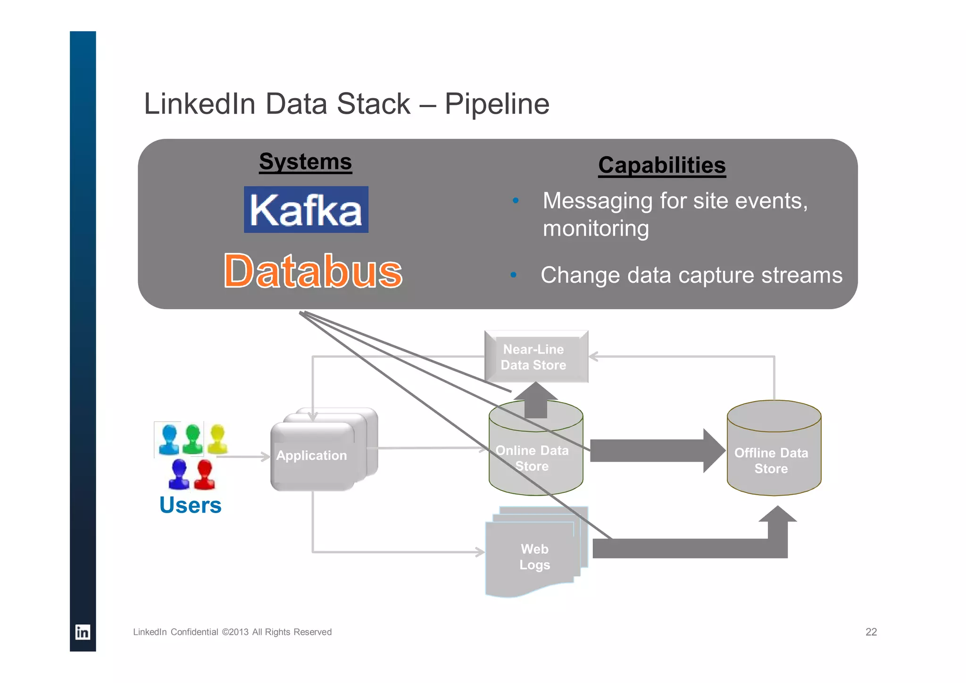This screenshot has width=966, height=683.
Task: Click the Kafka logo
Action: pyautogui.click(x=306, y=210)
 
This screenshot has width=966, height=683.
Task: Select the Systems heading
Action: pyautogui.click(x=306, y=162)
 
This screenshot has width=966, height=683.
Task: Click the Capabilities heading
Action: pyautogui.click(x=661, y=166)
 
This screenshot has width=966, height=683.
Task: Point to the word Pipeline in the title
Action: pyautogui.click(x=497, y=104)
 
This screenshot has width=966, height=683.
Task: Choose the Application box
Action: pyautogui.click(x=312, y=455)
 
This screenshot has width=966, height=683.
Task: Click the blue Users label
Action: pyautogui.click(x=190, y=505)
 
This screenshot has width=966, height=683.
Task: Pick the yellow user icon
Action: pyautogui.click(x=217, y=438)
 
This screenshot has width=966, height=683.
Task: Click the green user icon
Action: pyautogui.click(x=192, y=439)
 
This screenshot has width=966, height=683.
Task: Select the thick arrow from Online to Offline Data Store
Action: pyautogui.click(x=656, y=451)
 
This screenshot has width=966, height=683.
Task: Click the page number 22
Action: pyautogui.click(x=871, y=632)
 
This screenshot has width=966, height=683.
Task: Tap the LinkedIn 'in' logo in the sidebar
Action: pyautogui.click(x=83, y=632)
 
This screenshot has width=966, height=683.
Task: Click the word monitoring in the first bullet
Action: pyautogui.click(x=595, y=228)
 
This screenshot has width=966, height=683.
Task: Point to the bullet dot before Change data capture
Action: pyautogui.click(x=513, y=275)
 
